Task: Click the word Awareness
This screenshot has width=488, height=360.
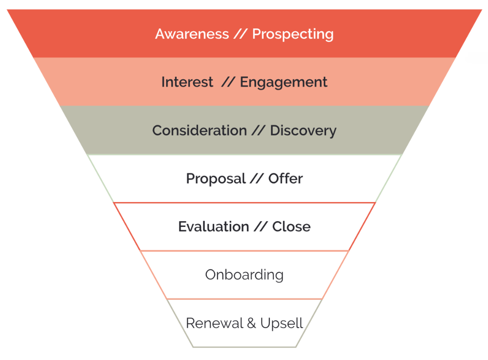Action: [192, 34]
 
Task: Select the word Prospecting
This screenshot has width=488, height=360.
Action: [293, 35]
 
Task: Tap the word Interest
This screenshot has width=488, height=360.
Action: [187, 82]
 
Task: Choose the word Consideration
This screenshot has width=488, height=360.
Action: [200, 131]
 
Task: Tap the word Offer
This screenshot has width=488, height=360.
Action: [286, 179]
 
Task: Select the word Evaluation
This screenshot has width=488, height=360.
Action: [214, 227]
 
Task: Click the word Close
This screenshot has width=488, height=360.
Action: [291, 227]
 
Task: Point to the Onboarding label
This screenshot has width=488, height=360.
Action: [244, 275]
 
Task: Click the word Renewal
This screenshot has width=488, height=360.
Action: [215, 323]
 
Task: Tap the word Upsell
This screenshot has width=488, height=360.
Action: [282, 324]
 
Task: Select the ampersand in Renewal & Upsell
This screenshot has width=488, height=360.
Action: [252, 323]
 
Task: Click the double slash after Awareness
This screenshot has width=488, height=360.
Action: [241, 34]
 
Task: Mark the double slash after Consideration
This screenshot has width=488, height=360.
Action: [258, 131]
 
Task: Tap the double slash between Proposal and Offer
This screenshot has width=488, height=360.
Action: [257, 179]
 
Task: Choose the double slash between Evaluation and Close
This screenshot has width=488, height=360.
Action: [261, 227]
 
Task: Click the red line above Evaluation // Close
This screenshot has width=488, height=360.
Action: [244, 202]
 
